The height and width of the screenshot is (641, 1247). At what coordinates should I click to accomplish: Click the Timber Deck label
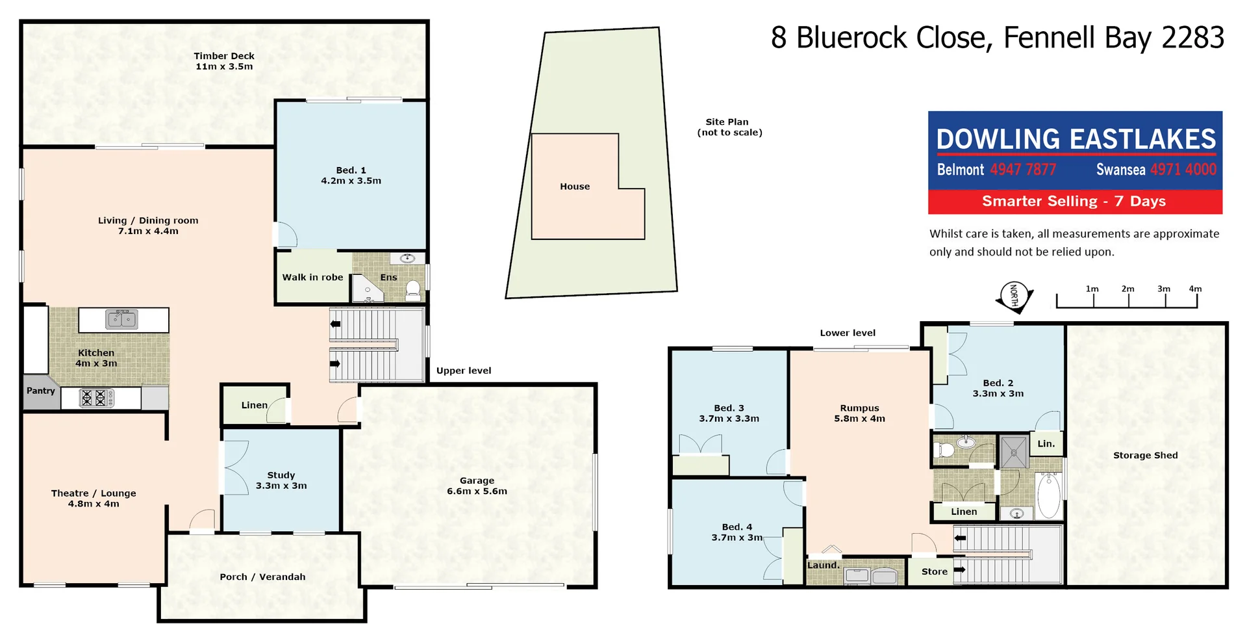click(224, 56)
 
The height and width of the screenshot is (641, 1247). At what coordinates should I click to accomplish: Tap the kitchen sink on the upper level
click(121, 319)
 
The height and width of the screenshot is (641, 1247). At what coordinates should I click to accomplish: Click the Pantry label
click(41, 391)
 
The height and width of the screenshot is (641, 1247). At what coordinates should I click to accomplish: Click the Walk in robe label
click(312, 277)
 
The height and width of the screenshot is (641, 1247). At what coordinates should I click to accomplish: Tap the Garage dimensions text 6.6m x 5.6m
click(477, 491)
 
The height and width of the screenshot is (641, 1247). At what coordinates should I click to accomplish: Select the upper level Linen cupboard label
click(254, 405)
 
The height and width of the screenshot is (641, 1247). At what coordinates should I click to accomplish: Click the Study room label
click(281, 475)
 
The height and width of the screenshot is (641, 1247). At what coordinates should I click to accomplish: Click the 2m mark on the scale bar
click(1128, 289)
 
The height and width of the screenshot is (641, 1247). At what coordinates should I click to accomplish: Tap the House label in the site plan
click(575, 187)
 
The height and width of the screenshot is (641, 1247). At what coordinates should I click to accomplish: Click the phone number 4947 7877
click(1023, 170)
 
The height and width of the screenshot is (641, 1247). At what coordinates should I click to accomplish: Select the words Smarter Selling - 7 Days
click(1074, 202)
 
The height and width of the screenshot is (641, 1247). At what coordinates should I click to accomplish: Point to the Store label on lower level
click(935, 571)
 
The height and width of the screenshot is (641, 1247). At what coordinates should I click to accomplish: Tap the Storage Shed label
click(1145, 455)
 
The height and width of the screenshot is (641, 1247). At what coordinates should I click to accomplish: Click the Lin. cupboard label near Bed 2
click(1046, 444)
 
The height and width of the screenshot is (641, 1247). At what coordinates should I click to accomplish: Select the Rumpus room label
click(859, 408)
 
